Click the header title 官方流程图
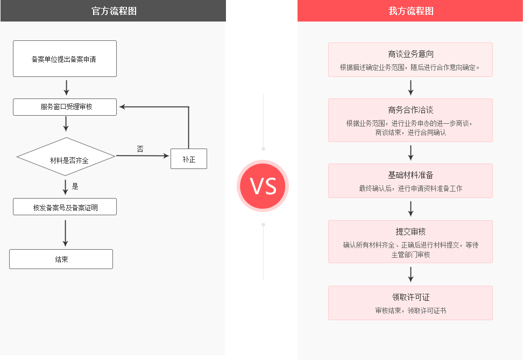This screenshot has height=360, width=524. pos(114,11)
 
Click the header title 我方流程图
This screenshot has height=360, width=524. pos(410,11)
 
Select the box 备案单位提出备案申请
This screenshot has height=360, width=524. pos(65,59)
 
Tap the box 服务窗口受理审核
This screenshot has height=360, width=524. pos(65,107)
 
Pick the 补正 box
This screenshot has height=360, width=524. pos(189,159)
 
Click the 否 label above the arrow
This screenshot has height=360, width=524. pos(140,149)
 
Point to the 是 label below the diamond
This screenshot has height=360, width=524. pos(75,186)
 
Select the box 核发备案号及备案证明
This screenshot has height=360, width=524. pos(65,207)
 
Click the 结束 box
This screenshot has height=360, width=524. pos(61,259)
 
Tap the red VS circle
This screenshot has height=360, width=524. pos(263,186)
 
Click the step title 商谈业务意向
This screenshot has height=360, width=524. pos(410,54)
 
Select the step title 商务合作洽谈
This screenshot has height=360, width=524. pos(410,110)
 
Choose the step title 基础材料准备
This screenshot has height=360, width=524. pos(410,175)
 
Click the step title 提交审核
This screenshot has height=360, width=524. pos(410,231)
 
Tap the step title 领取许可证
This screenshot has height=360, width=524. pos(410,297)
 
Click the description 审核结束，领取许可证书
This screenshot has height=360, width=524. pos(410,310)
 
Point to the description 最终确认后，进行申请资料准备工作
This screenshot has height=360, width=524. pos(410,188)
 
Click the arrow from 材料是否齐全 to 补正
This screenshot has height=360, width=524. pos(143,156)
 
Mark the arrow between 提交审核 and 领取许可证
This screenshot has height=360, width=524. pos(410,274)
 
